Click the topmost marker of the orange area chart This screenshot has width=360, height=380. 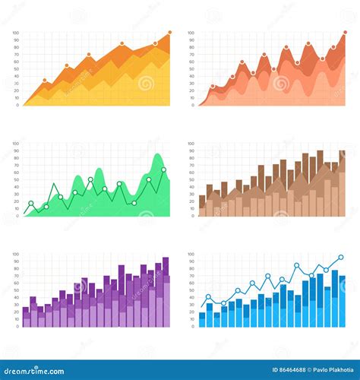(x=169, y=32)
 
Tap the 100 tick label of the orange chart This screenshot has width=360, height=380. (x=15, y=33)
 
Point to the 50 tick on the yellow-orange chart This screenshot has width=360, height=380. (x=16, y=69)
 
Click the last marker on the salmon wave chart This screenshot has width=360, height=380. (x=333, y=47)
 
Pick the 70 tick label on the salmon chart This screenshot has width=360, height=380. (x=191, y=55)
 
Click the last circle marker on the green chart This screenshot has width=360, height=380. (x=163, y=169)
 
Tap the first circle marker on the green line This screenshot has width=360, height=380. (x=31, y=203)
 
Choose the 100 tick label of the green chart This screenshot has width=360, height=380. (x=15, y=144)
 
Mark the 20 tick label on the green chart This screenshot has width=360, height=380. (x=16, y=201)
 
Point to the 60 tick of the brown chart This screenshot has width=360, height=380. (x=191, y=173)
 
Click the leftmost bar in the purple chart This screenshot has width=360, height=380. (x=26, y=317)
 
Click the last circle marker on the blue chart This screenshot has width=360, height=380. (x=340, y=258)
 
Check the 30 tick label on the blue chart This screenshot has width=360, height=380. (x=191, y=305)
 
